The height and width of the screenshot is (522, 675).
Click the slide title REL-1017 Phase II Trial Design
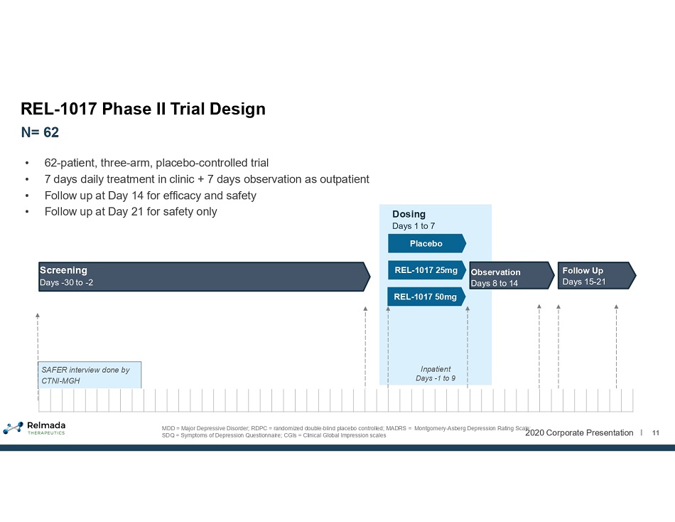pos(143,109)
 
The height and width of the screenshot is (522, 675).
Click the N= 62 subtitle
pos(40,132)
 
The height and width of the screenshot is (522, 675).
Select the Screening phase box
pos(204,277)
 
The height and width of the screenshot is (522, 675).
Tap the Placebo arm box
pos(426,243)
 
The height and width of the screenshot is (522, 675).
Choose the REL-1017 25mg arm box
pos(426,270)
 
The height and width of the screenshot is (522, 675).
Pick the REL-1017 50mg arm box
pos(426,297)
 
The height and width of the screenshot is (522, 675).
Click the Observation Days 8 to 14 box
pos(512,275)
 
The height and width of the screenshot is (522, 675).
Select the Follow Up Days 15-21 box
pos(597,275)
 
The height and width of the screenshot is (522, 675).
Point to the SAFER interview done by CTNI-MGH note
pos(90,375)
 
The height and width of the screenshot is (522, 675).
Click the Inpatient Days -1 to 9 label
pos(436,373)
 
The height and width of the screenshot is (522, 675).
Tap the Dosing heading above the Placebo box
pos(409,214)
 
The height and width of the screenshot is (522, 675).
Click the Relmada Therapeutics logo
pos(34,427)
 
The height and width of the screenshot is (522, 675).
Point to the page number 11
pos(656,433)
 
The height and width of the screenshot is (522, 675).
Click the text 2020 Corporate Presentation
pos(579,433)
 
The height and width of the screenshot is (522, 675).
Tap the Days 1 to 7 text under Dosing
pos(414,226)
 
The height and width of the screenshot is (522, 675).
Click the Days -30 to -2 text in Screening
pos(66,283)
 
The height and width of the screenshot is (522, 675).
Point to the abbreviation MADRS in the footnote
pos(396,428)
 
